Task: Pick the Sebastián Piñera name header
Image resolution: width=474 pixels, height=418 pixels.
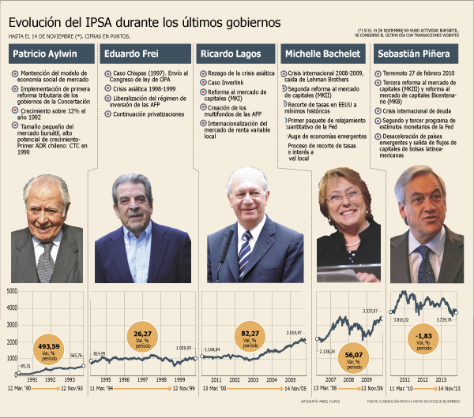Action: point(418,55)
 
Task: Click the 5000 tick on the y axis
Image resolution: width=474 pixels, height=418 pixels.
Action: point(12,291)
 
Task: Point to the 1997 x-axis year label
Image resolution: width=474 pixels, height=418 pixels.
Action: point(143,379)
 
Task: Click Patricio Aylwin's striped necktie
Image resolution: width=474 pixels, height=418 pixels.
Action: point(47,260)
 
